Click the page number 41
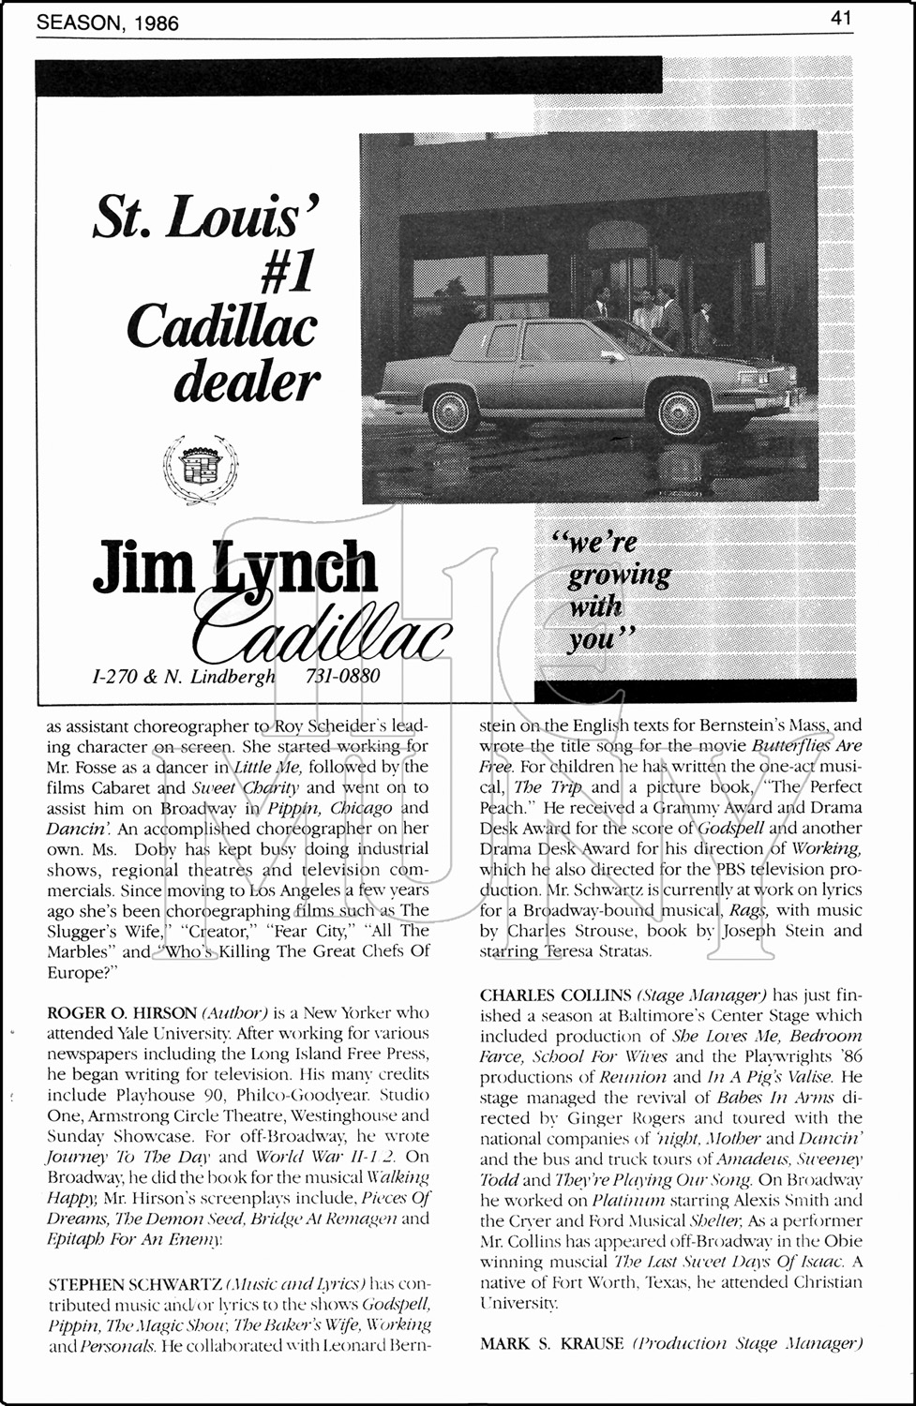click(840, 17)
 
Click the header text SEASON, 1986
click(108, 22)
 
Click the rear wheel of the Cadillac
click(452, 411)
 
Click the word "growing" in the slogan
click(619, 575)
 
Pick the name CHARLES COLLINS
click(555, 995)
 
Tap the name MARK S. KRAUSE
click(551, 1344)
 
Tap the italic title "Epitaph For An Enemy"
click(135, 1239)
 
